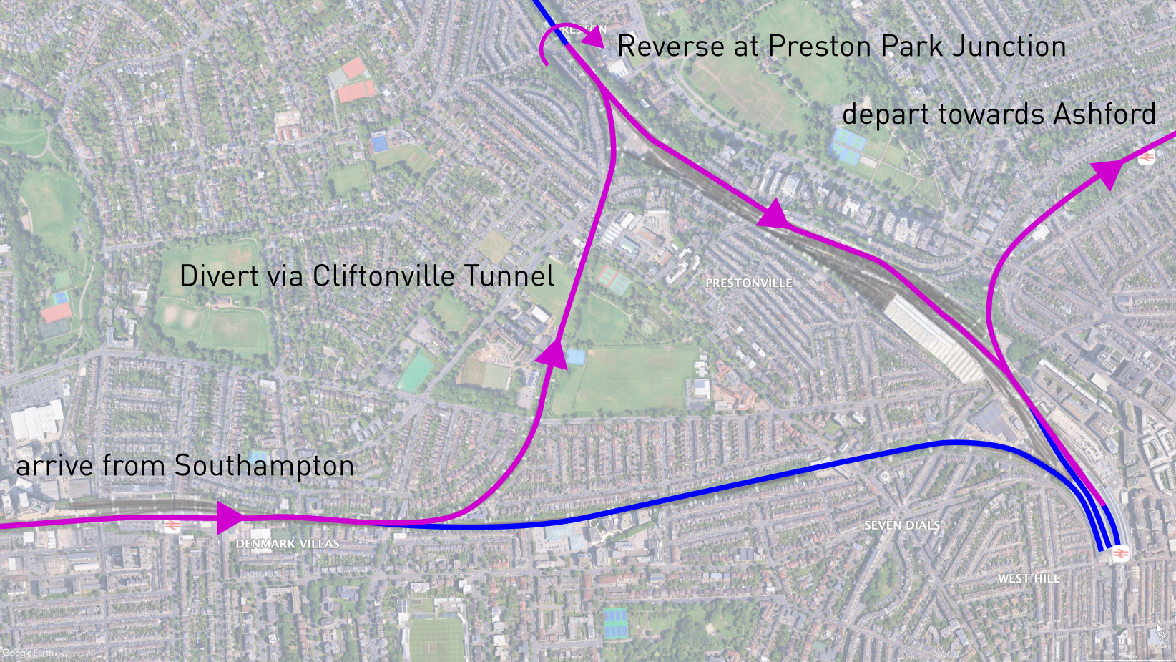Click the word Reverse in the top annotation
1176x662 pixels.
click(671, 47)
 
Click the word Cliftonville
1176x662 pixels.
click(383, 276)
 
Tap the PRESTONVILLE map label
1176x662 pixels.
click(748, 283)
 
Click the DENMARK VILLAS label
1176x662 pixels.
click(288, 544)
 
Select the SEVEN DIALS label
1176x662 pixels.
click(901, 525)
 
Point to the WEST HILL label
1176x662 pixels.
click(1029, 578)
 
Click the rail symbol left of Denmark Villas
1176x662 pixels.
click(172, 527)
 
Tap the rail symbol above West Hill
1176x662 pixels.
click(1120, 553)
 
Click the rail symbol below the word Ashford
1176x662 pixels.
click(1146, 157)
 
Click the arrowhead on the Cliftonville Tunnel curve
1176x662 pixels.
click(554, 355)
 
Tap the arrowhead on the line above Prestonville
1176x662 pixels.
click(774, 215)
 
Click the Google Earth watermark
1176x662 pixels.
click(27, 653)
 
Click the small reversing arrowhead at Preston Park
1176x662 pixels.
click(594, 42)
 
